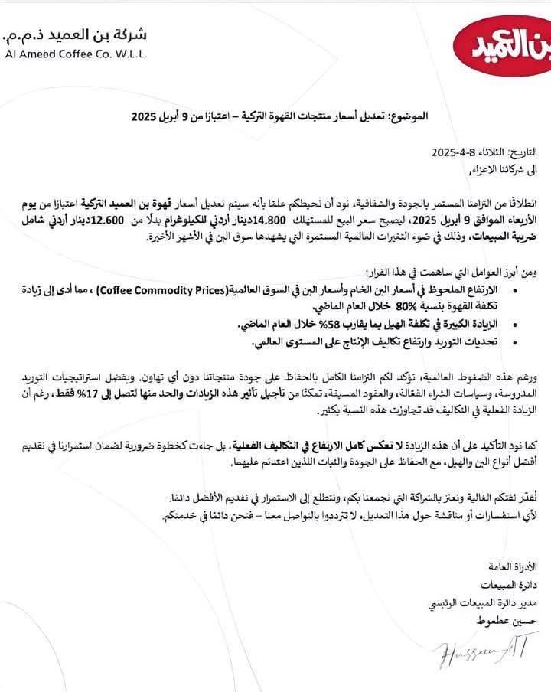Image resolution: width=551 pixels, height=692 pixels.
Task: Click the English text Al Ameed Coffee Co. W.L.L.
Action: click(x=74, y=54)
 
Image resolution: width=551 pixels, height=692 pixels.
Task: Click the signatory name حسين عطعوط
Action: click(x=514, y=622)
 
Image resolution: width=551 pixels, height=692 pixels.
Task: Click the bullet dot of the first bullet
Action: click(x=533, y=289)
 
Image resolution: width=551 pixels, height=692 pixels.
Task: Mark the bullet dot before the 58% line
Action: click(x=533, y=327)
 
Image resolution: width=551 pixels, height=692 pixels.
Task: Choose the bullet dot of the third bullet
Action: click(x=533, y=343)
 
